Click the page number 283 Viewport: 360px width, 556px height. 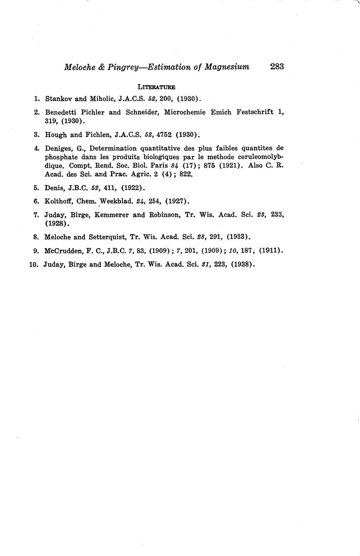pos(277,66)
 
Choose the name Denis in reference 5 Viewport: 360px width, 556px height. pos(54,188)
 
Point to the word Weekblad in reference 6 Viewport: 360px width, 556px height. pos(117,201)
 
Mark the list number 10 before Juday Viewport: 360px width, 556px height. pos(33,265)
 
